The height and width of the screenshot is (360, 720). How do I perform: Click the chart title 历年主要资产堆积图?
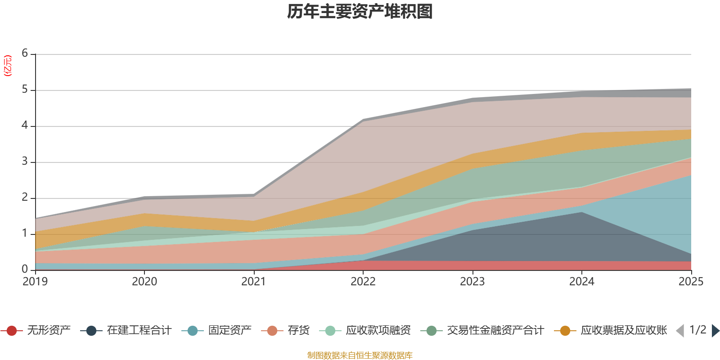tap(360, 12)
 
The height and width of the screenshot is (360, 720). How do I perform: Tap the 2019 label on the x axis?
tap(35, 281)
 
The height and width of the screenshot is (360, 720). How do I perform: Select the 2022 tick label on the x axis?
tap(363, 281)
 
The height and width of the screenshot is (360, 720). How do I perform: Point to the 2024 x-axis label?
tap(581, 281)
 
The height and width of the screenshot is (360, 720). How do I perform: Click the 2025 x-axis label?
tap(690, 281)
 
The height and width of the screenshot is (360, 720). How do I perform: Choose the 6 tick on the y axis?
tap(25, 54)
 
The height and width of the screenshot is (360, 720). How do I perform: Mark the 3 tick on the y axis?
tap(25, 162)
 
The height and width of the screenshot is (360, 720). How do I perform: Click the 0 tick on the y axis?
tap(25, 269)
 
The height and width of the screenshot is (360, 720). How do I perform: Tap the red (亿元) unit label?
tap(8, 66)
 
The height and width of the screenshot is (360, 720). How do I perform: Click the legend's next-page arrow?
tap(715, 331)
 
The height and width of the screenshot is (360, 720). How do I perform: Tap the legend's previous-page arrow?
tap(680, 331)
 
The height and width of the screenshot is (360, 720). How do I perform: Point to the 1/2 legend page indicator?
tap(697, 330)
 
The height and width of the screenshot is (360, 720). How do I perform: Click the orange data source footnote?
tap(360, 355)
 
